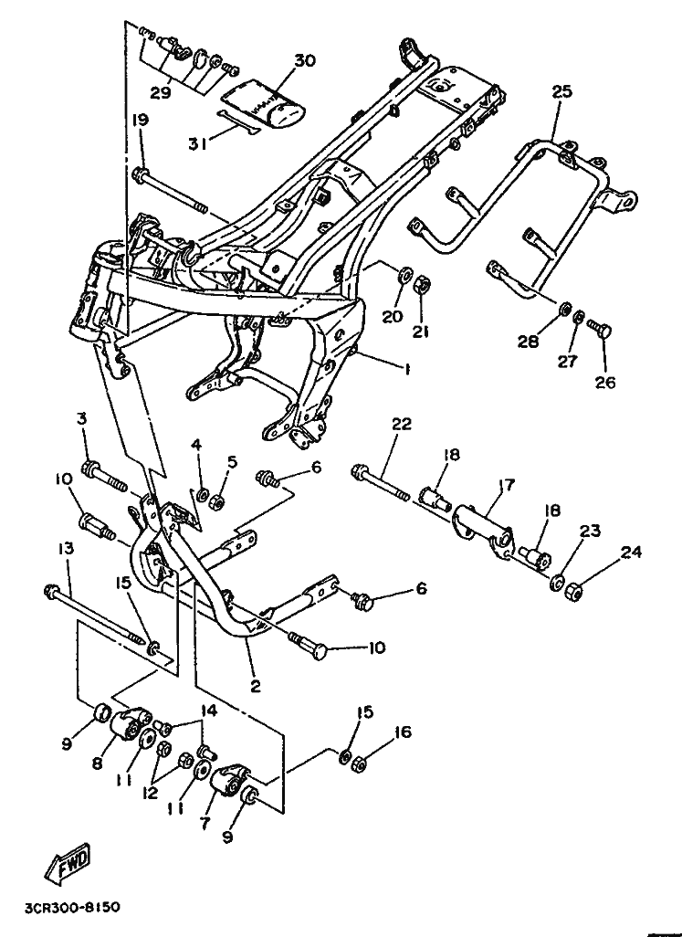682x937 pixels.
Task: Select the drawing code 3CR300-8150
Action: coord(72,908)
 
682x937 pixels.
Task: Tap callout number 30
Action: coord(305,61)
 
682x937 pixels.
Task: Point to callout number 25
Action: coord(561,91)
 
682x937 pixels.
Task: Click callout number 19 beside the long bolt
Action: coord(141,120)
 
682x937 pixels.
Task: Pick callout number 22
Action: coord(402,424)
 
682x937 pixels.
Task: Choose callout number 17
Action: coord(507,485)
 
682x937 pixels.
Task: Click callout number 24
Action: coord(631,552)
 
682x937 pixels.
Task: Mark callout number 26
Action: coord(604,381)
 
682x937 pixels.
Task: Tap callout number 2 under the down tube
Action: coord(256,687)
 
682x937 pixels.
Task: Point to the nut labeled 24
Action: coord(573,592)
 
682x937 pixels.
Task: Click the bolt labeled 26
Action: coord(599,328)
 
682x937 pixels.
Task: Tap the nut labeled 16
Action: coord(359,763)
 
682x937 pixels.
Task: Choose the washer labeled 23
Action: coord(559,582)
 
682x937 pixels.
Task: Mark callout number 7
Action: coord(205,823)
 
